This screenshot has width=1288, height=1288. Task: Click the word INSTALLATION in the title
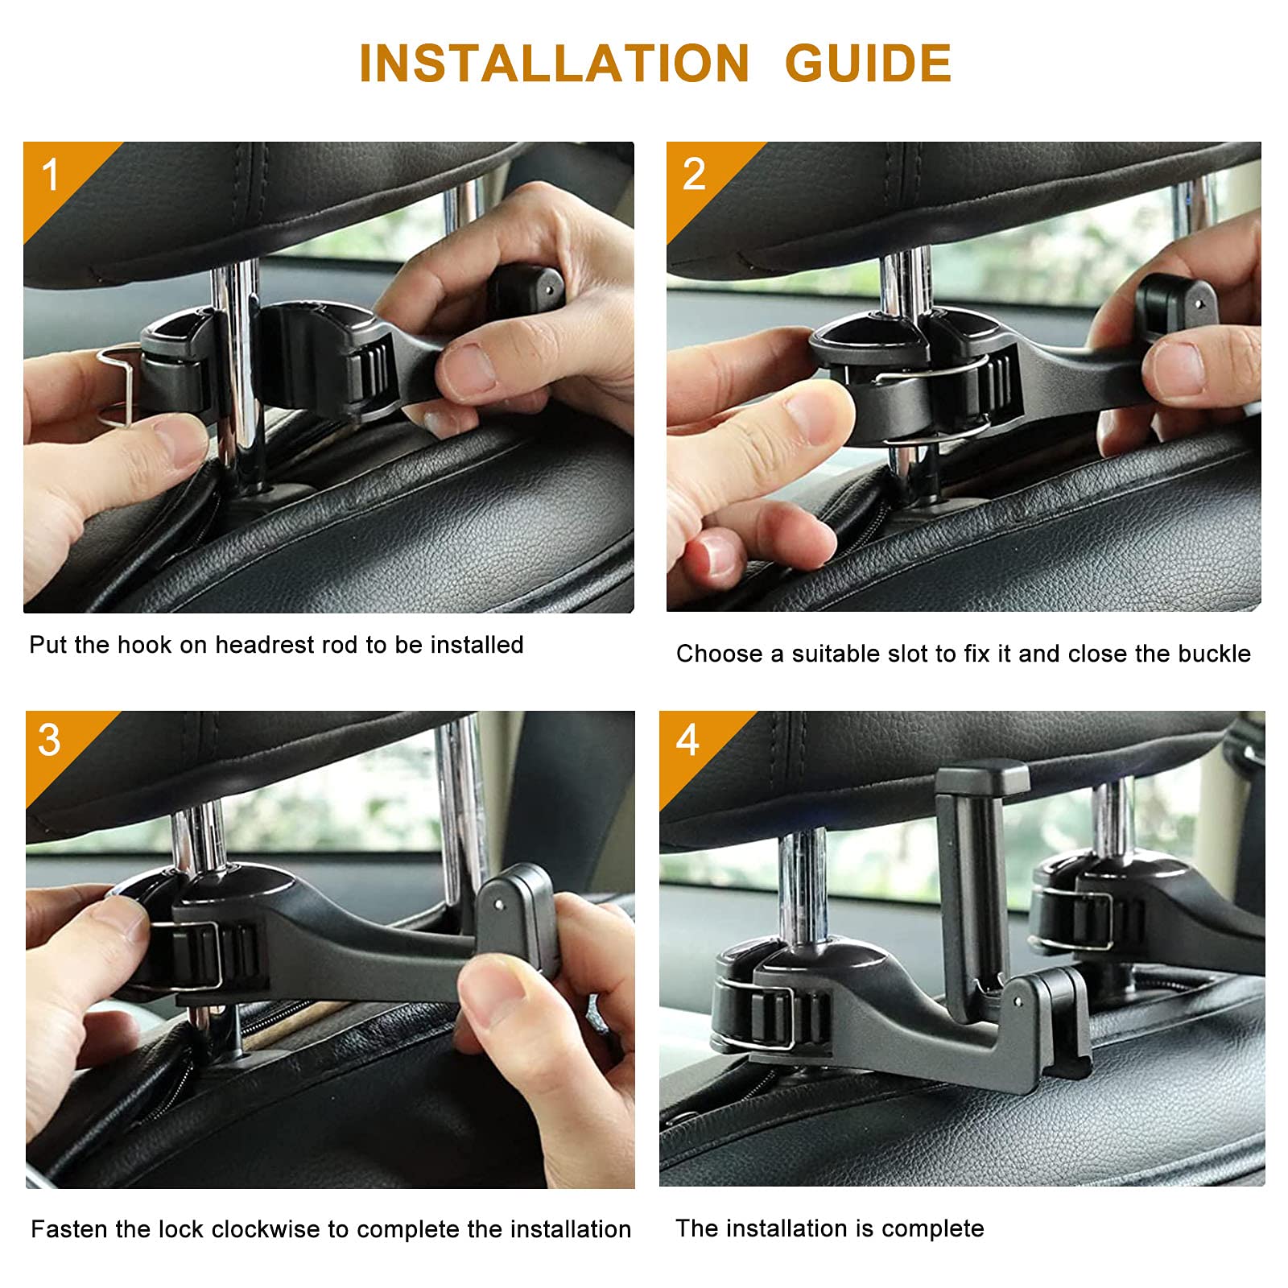pos(554,63)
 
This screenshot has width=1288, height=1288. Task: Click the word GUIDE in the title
pos(868,63)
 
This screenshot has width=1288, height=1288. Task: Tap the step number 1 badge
pos(51,175)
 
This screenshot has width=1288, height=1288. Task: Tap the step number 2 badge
pos(693,175)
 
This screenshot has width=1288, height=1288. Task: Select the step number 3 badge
pos(49,741)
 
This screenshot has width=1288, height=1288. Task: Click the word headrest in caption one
pos(265,645)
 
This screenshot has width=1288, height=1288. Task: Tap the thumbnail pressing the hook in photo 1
pos(469,369)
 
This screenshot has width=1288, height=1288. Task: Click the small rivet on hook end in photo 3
pos(500,905)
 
